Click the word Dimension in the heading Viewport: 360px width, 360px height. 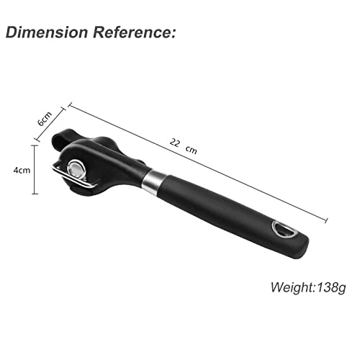(47, 32)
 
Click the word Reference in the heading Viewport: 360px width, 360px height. (132, 32)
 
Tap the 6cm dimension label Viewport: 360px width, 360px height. (45, 119)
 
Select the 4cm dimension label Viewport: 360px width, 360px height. (22, 171)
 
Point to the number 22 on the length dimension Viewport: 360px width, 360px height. (175, 143)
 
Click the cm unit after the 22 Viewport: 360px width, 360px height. (192, 150)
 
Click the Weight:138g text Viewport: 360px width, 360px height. (308, 287)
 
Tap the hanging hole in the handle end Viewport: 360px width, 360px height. (285, 230)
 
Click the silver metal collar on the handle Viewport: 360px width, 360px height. (152, 181)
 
